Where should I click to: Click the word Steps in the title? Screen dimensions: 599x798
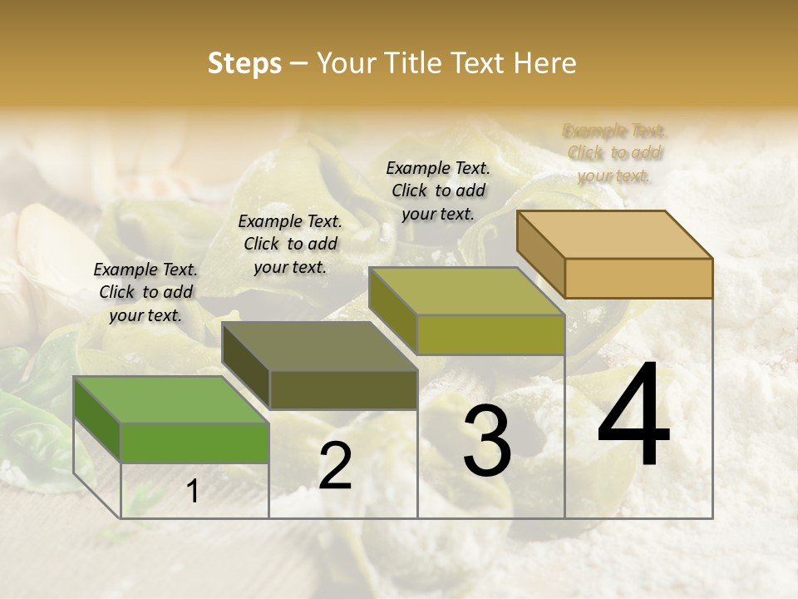(x=244, y=64)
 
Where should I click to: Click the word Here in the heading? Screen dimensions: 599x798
(x=545, y=64)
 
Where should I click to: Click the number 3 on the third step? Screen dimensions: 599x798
(x=486, y=442)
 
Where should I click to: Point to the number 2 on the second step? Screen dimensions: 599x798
(x=335, y=466)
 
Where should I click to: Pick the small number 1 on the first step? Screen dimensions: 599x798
(x=192, y=492)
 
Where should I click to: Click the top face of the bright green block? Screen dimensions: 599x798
(x=171, y=399)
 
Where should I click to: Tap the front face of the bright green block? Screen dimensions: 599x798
(x=195, y=442)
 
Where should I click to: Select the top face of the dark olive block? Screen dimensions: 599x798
(x=319, y=345)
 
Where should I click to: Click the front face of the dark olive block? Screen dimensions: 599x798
(x=342, y=389)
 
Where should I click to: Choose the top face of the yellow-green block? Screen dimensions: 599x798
(x=467, y=291)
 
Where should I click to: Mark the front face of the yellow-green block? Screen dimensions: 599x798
(x=490, y=334)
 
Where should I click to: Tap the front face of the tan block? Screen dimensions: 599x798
(x=638, y=277)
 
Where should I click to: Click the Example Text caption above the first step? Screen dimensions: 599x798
(x=145, y=292)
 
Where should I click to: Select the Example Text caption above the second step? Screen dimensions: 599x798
(x=290, y=244)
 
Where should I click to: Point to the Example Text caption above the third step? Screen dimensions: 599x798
(x=438, y=191)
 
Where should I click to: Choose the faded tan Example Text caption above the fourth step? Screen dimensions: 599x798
(x=614, y=152)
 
